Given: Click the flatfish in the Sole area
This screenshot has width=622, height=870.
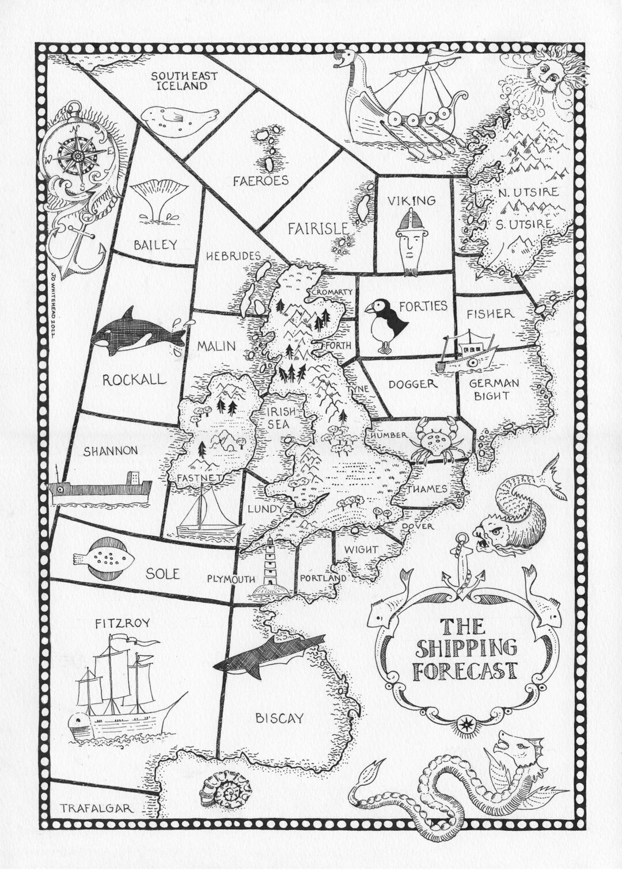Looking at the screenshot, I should tap(104, 558).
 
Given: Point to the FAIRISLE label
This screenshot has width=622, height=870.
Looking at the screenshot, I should tap(318, 228).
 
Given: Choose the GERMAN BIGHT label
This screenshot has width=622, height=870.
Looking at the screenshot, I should tap(494, 389).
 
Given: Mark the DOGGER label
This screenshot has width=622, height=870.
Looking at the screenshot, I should tap(412, 384).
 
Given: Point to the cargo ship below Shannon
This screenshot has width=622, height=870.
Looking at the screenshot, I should tap(99, 488).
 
